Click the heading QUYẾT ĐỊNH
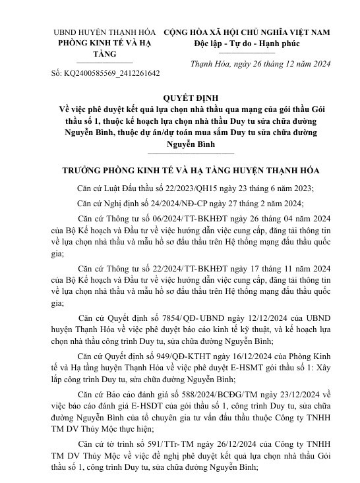179,96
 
